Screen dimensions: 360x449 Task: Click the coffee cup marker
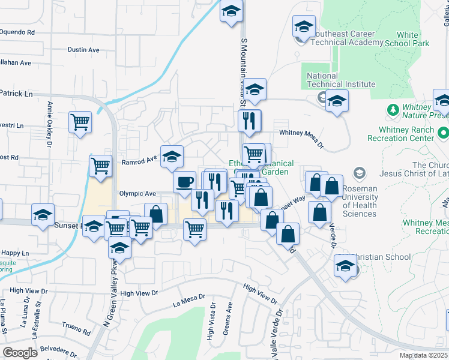tap(184, 181)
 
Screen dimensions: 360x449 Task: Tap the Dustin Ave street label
tap(83, 50)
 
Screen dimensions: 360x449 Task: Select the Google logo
tap(20, 353)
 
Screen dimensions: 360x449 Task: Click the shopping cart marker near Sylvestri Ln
tap(80, 122)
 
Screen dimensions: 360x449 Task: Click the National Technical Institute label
tap(341, 80)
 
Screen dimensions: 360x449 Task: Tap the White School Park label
tap(408, 40)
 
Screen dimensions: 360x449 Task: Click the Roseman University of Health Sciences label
tap(360, 201)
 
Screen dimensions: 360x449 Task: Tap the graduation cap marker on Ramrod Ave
tap(172, 157)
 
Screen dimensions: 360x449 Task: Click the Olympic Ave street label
tap(137, 194)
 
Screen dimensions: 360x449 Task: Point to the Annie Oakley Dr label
tap(49, 123)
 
